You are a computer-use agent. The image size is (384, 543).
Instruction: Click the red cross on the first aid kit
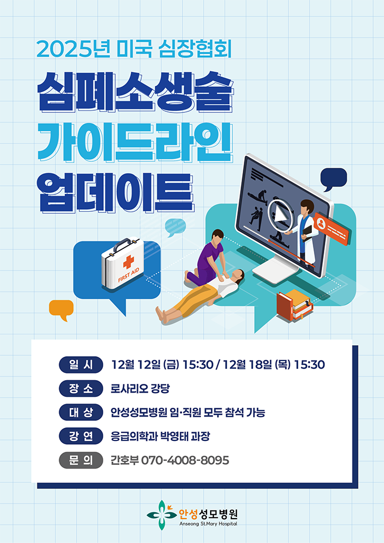click(x=129, y=262)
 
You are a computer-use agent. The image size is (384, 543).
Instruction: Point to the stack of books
click(x=295, y=305)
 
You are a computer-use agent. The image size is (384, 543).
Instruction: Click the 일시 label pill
click(x=81, y=365)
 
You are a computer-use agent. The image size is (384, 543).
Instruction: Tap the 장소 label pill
click(x=81, y=389)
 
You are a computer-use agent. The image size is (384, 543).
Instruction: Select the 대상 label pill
click(x=81, y=413)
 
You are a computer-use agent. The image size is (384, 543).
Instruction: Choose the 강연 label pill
click(x=81, y=437)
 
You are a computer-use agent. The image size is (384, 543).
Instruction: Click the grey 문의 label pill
click(x=81, y=460)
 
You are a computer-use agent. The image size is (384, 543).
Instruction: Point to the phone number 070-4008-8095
click(x=185, y=460)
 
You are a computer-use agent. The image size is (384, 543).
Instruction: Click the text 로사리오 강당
click(x=140, y=389)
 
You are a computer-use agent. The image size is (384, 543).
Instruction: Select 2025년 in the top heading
click(x=74, y=49)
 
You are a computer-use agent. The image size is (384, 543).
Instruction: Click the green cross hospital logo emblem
click(x=161, y=515)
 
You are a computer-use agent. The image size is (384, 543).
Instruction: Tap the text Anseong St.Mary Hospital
click(x=208, y=524)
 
